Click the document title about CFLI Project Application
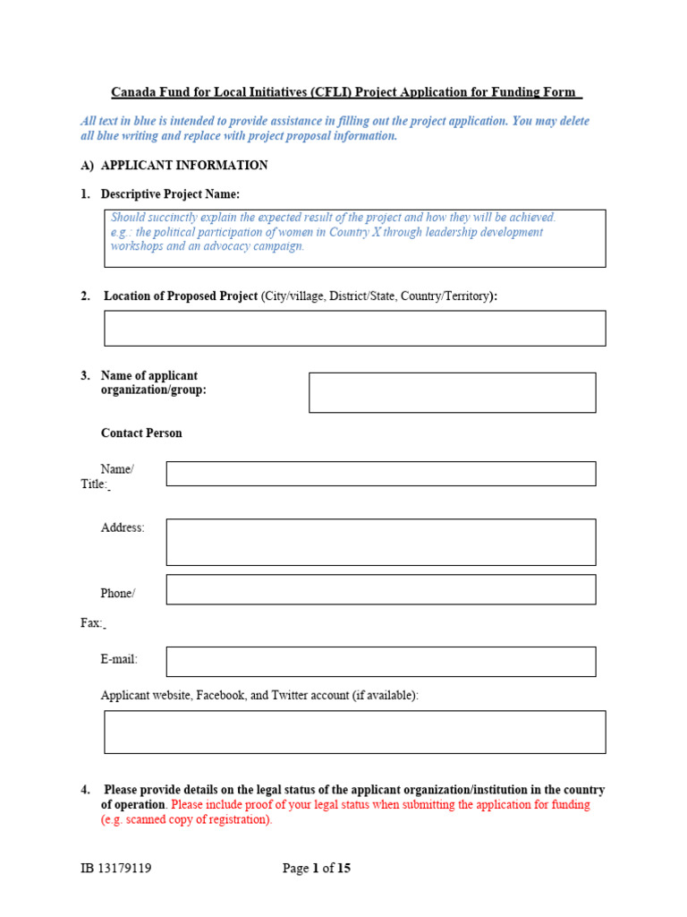pos(346,92)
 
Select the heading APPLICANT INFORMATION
pos(183,166)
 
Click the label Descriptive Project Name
pos(170,194)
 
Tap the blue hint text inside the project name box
pos(333,232)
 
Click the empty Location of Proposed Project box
pos(354,328)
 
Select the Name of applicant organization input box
pos(452,392)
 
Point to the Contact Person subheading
pos(141,433)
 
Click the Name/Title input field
pos(380,474)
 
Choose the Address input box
pos(380,542)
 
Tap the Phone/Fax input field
pos(380,589)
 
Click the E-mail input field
pos(380,662)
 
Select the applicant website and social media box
pos(354,732)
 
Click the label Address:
pos(123,528)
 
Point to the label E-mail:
pos(119,659)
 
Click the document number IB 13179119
pos(115,868)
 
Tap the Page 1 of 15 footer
pos(317,868)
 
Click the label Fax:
pos(91,622)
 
